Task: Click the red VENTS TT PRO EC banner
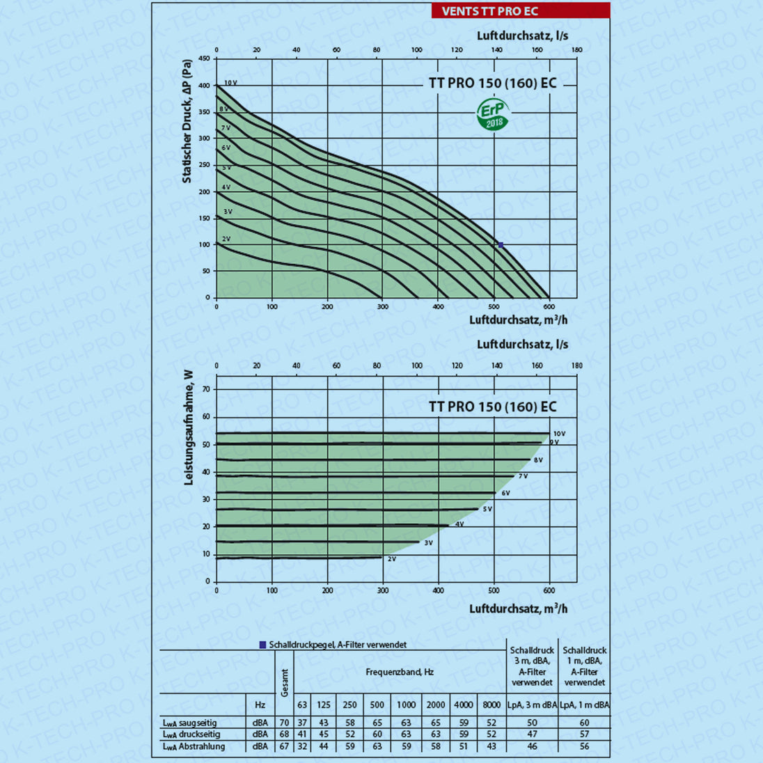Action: pos(519,10)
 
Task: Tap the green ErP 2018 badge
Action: pos(494,114)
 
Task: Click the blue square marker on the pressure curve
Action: pos(501,245)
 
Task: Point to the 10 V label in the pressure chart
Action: pos(230,83)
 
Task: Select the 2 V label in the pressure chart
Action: pos(226,239)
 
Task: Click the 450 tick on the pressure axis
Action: pos(203,59)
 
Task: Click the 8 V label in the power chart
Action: pos(538,460)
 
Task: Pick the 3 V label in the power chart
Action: pos(428,542)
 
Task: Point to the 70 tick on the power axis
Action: pos(205,390)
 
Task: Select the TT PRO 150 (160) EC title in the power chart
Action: pos(492,407)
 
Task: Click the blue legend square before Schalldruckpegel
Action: pos(262,645)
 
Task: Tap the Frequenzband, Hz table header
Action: pos(400,672)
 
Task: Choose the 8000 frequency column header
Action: pos(491,705)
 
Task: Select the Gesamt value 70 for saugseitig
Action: pos(284,723)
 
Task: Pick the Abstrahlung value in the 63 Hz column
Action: pos(302,746)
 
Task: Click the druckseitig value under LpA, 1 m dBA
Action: pos(584,734)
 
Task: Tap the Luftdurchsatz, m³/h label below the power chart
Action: pos(518,608)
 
